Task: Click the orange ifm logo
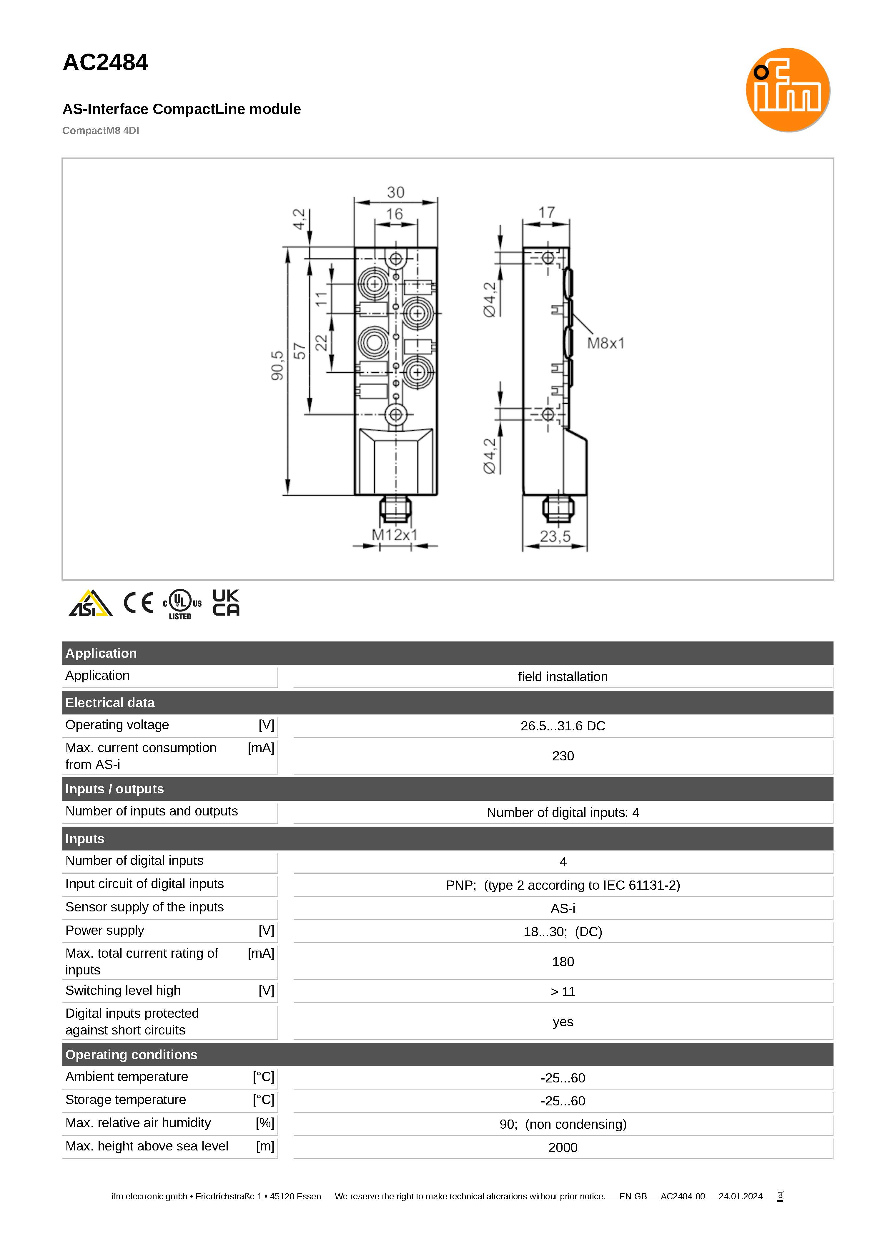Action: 787,90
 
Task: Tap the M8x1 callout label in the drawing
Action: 605,343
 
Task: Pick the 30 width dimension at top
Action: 395,193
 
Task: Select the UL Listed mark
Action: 182,604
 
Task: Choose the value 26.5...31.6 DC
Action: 563,726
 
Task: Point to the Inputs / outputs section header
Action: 114,789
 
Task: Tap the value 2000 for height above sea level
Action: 563,1148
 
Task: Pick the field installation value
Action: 563,677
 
